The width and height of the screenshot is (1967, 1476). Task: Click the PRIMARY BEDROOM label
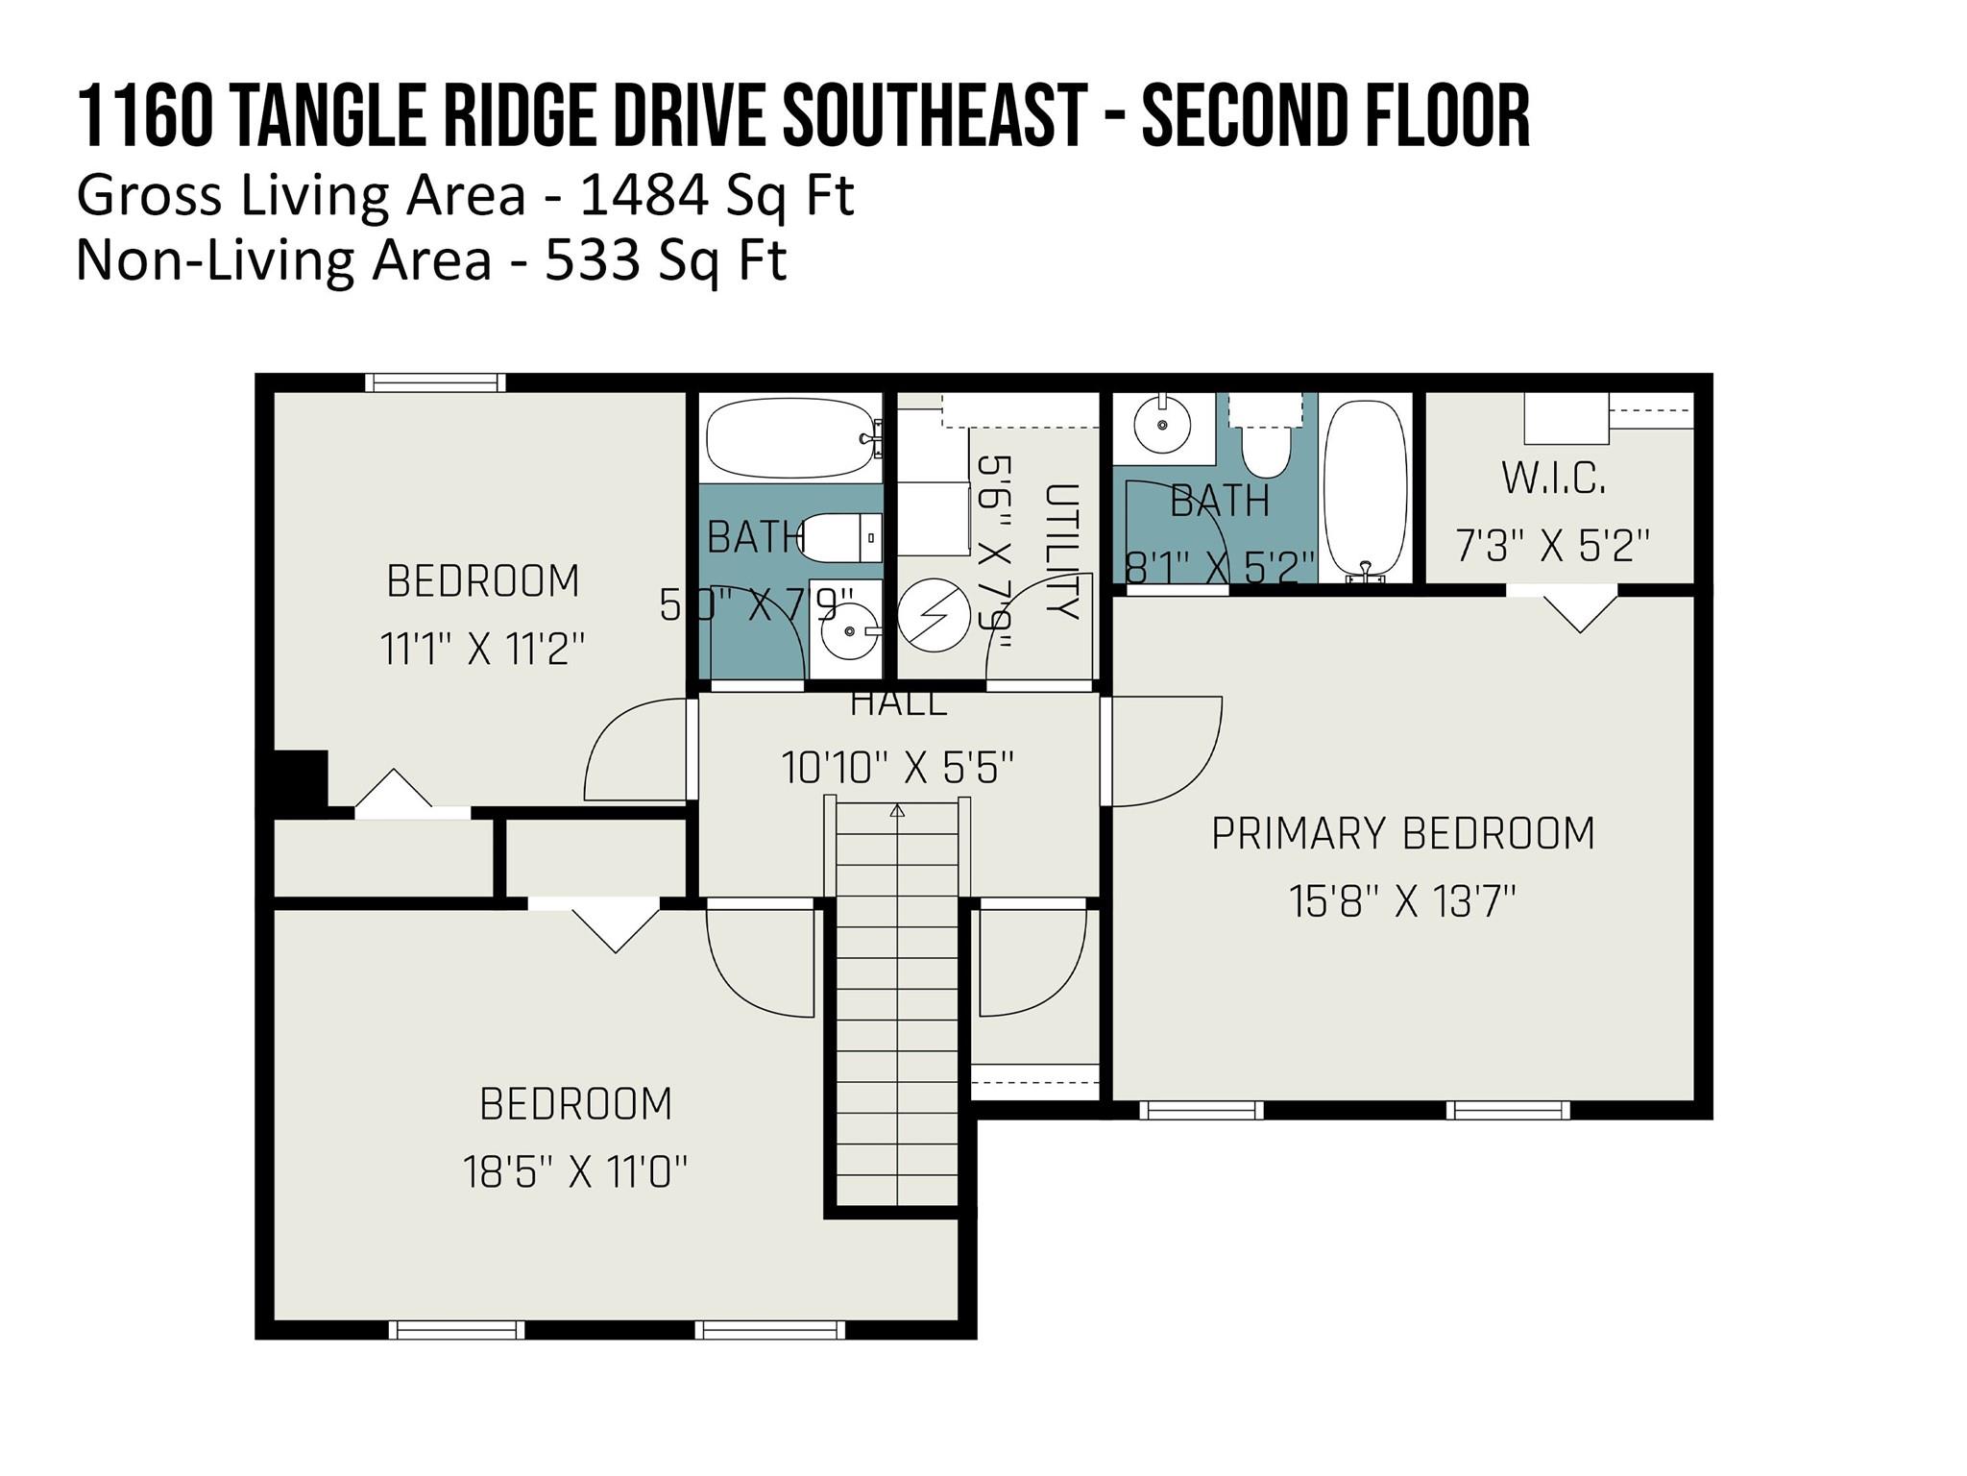(1402, 833)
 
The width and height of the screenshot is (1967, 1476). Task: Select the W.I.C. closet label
(1553, 479)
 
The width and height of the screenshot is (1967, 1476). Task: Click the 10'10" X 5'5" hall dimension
(897, 768)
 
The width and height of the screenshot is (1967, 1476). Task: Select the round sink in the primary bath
(1162, 424)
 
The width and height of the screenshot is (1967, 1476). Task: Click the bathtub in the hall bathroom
(791, 439)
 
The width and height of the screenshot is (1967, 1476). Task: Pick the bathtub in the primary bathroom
(1364, 488)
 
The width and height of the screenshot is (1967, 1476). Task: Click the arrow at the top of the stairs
(897, 810)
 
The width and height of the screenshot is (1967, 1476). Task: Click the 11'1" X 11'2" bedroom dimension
(482, 650)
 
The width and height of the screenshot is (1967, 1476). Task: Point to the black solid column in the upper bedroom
(301, 777)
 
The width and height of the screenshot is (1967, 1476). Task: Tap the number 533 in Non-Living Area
(592, 259)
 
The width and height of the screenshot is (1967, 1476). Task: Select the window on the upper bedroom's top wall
(435, 382)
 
